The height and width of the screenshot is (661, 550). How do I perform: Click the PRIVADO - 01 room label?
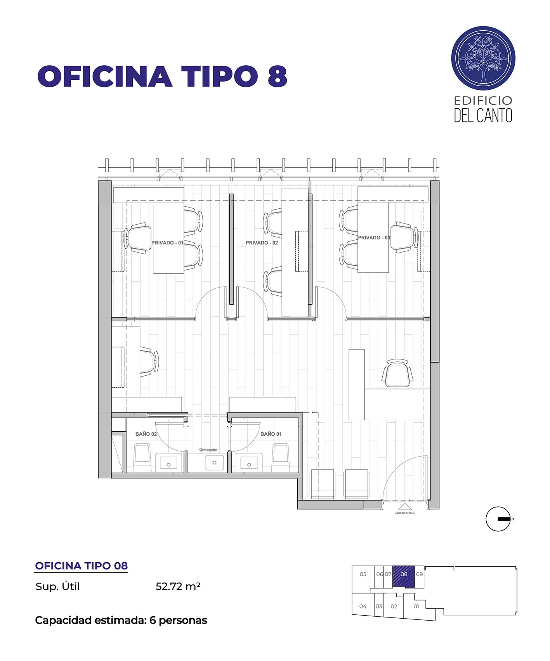[167, 243]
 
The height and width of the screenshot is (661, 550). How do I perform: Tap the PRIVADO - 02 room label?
[262, 243]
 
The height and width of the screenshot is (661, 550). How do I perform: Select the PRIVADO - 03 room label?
[374, 238]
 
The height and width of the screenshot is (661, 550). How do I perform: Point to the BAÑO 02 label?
[146, 434]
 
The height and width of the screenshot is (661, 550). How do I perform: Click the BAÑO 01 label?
[271, 434]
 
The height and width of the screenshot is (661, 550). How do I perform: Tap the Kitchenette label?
[208, 450]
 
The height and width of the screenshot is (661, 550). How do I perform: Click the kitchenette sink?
[214, 462]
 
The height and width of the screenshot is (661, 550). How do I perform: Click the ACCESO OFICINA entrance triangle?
[405, 507]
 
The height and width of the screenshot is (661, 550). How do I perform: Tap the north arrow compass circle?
[498, 519]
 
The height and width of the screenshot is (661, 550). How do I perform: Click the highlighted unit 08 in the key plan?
[404, 577]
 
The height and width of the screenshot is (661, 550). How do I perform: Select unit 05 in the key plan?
[363, 574]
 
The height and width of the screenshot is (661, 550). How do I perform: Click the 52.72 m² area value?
[178, 586]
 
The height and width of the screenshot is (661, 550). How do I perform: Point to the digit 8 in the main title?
[278, 76]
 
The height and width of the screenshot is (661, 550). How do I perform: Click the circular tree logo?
[483, 59]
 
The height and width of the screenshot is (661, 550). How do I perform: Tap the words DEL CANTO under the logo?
[483, 115]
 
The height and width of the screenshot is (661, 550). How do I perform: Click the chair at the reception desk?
[397, 374]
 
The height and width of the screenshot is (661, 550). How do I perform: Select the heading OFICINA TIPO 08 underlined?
[81, 566]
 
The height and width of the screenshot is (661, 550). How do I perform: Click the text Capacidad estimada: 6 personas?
[121, 620]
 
